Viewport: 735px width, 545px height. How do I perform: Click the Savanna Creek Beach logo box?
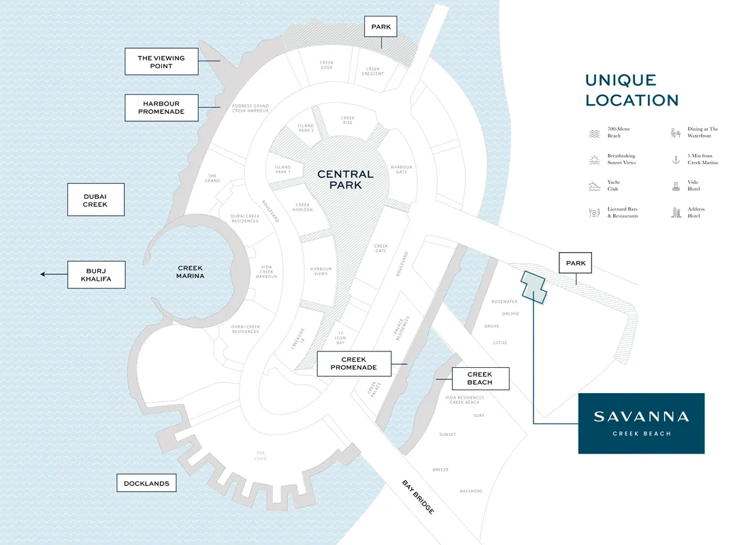(x=641, y=423)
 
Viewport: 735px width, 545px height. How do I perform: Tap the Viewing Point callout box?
(x=161, y=61)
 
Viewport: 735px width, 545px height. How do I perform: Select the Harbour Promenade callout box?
(x=161, y=108)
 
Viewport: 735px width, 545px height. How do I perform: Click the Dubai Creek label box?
(x=95, y=200)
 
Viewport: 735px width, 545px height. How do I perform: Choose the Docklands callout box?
(x=146, y=484)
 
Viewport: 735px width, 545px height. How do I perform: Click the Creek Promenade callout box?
(x=354, y=364)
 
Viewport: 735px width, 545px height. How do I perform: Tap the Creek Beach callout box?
(x=480, y=378)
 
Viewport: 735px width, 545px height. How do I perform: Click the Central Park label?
(x=345, y=180)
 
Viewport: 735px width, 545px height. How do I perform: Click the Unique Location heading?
(x=632, y=91)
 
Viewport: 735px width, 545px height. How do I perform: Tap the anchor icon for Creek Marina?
(x=676, y=159)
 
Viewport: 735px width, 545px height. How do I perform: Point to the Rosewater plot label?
(x=504, y=301)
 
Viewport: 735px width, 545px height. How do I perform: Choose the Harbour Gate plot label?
(x=402, y=170)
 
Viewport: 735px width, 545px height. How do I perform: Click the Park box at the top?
(x=380, y=27)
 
